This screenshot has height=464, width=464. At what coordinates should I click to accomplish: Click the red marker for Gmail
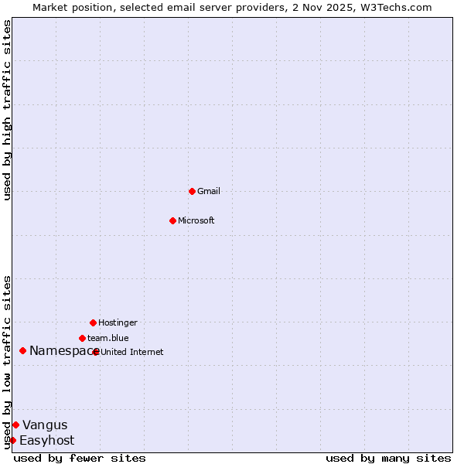click(x=192, y=191)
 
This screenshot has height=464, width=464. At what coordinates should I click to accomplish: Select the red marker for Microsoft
click(x=172, y=220)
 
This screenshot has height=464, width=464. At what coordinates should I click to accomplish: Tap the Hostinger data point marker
click(x=93, y=322)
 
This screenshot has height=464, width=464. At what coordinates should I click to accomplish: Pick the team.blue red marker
click(x=82, y=338)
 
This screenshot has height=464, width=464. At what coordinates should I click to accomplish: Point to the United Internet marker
click(x=96, y=352)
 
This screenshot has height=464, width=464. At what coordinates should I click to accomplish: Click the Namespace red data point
click(x=22, y=351)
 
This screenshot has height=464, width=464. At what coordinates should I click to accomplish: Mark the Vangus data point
click(x=15, y=425)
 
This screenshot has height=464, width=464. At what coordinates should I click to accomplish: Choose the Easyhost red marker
click(x=12, y=440)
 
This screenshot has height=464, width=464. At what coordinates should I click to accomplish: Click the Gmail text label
click(x=209, y=191)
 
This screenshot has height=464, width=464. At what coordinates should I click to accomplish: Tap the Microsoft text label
click(x=196, y=220)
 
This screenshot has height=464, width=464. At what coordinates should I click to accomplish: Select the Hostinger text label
click(x=118, y=322)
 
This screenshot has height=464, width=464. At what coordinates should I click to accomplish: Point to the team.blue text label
click(x=108, y=338)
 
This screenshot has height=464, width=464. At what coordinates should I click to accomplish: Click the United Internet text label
click(x=132, y=352)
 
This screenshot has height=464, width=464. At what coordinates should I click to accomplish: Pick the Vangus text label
click(x=45, y=425)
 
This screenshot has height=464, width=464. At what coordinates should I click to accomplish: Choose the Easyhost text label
click(x=47, y=441)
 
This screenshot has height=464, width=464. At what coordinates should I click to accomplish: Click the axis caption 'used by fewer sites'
click(x=80, y=458)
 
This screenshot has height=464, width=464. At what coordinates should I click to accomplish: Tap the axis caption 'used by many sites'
click(x=388, y=458)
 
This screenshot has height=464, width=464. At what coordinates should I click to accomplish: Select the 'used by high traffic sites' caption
click(x=7, y=110)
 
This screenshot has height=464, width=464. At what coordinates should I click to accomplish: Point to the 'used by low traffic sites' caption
click(x=7, y=362)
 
